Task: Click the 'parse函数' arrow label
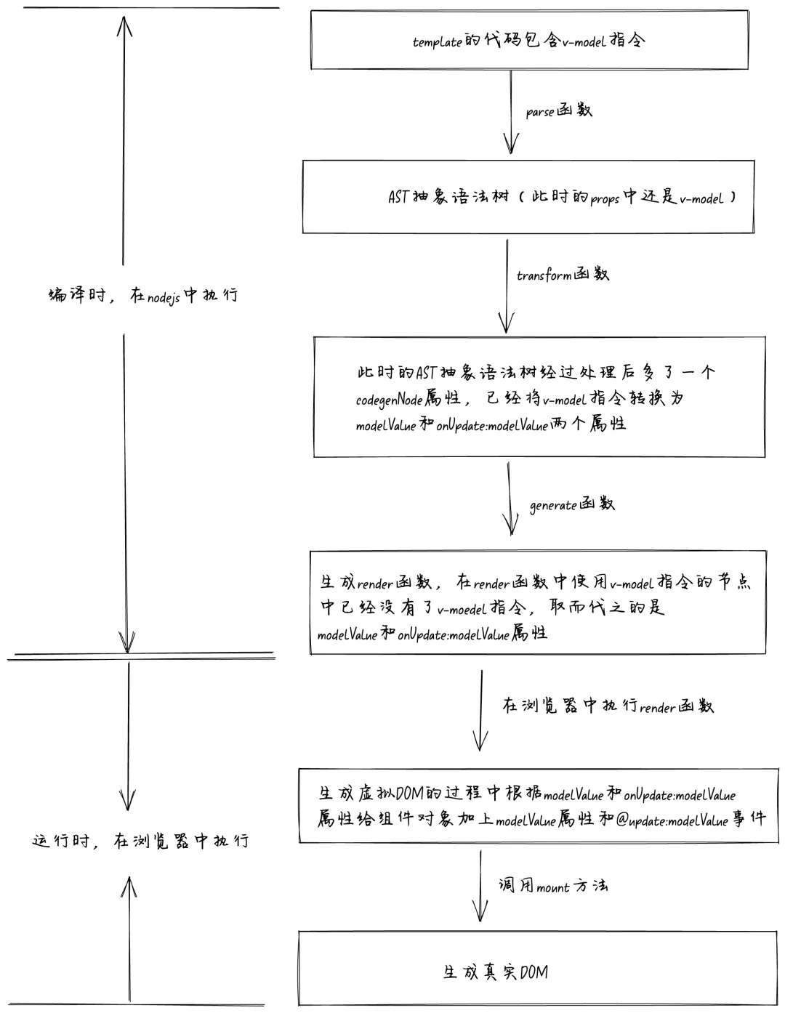pos(558,111)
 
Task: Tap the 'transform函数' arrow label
pos(563,275)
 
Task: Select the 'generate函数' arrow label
pos(571,504)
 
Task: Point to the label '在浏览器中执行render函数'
pos(608,706)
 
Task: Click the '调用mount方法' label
pos(552,886)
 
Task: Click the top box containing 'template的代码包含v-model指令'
pos(529,40)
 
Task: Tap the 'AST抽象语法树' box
pos(528,197)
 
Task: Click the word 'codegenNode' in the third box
pos(389,400)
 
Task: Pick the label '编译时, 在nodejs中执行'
pos(142,296)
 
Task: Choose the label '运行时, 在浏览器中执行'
pos(140,842)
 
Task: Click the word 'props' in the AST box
pos(605,199)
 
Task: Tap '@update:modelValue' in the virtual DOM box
pos(672,821)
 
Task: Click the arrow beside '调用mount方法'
pos(480,887)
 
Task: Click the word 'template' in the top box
pos(437,42)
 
